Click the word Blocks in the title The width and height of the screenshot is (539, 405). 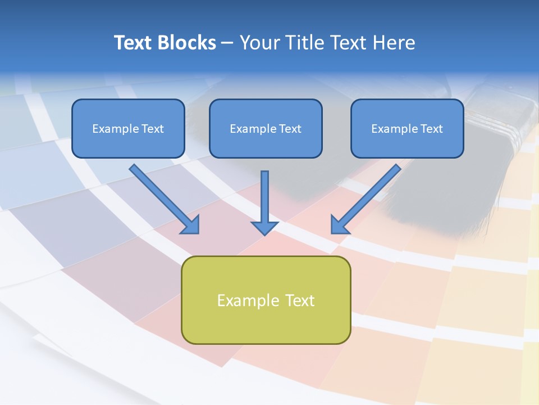click(x=188, y=43)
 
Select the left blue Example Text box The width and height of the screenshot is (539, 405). click(x=128, y=128)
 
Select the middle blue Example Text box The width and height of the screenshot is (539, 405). click(x=266, y=128)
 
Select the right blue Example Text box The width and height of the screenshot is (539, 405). click(x=407, y=128)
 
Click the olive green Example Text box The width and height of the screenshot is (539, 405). click(x=266, y=300)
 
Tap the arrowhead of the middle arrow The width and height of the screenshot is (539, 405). click(x=264, y=227)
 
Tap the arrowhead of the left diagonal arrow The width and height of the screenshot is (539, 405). click(x=191, y=224)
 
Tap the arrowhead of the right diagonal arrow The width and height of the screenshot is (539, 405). click(x=339, y=224)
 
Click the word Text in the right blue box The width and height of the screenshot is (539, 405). click(x=432, y=128)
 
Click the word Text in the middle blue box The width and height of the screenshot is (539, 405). click(x=290, y=128)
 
